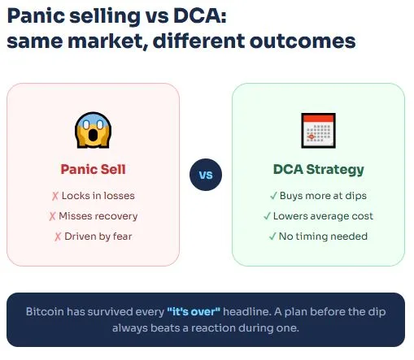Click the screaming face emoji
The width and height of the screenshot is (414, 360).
[x=93, y=129]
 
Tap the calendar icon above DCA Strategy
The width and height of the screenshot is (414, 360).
[x=318, y=129]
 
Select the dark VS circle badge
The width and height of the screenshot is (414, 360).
[x=206, y=175]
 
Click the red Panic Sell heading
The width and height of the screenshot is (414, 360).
[x=93, y=170]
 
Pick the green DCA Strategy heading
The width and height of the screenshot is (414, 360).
[x=318, y=170]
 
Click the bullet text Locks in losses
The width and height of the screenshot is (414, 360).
[x=98, y=196]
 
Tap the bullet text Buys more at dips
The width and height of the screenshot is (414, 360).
[x=323, y=196]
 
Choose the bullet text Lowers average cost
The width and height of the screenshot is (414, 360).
[x=323, y=216]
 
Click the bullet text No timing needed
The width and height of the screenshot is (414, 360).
[x=323, y=236]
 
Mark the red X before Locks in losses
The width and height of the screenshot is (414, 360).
[x=55, y=196]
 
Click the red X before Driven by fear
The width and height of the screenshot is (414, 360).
[x=58, y=236]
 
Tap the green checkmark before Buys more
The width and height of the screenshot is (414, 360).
[x=273, y=196]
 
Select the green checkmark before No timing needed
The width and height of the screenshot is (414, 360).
[x=272, y=236]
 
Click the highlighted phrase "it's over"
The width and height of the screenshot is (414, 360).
[x=193, y=312]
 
